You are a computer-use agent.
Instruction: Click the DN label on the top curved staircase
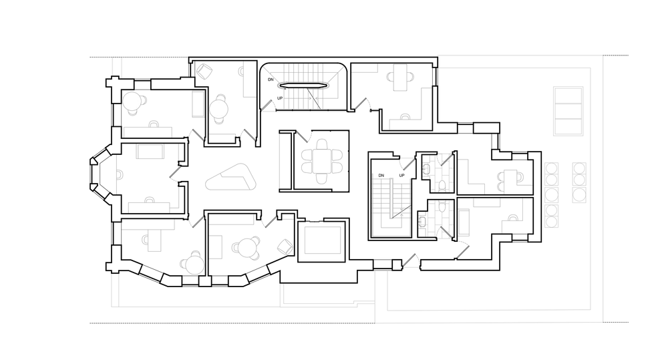[x=271, y=79]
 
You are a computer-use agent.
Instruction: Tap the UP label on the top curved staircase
[x=280, y=98]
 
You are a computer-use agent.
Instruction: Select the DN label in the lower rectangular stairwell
[x=381, y=176]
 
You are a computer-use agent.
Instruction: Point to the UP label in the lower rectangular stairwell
[x=401, y=176]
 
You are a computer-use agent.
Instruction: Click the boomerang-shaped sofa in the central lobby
[x=231, y=177]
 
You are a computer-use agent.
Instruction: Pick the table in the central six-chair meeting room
[x=323, y=160]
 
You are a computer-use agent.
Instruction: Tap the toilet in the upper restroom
[x=442, y=185]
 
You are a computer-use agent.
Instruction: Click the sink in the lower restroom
[x=422, y=221]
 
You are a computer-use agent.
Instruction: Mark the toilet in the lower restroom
[x=442, y=206]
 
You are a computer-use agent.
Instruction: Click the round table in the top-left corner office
[x=132, y=101]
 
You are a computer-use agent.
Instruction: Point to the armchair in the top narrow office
[x=205, y=71]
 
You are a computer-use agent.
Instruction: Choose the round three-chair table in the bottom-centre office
[x=246, y=247]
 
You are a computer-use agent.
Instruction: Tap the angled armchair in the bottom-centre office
[x=285, y=246]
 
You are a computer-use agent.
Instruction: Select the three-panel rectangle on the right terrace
[x=568, y=111]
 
